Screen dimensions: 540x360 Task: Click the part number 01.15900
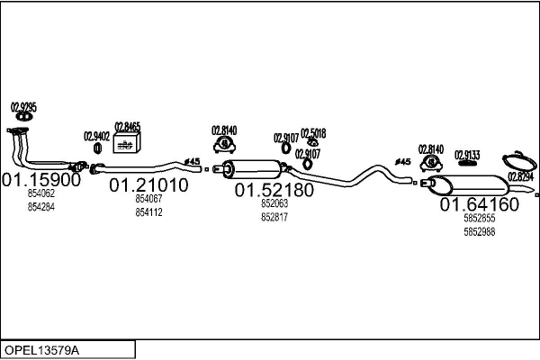pos(41,179)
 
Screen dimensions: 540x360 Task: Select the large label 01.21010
pos(148,185)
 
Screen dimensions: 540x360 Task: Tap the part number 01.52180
pos(274,191)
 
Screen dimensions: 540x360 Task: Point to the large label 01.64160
pos(479,204)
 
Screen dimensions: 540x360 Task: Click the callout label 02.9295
pos(23,107)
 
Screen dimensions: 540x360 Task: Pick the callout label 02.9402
pos(96,137)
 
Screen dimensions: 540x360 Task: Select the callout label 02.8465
pos(127,127)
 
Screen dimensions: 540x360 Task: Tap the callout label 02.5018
pos(313,132)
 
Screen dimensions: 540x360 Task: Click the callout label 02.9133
pos(467,154)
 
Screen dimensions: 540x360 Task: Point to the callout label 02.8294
pos(521,176)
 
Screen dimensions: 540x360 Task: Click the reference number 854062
pos(41,193)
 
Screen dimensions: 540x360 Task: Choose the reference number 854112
pos(148,212)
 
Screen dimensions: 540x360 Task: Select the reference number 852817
pos(274,217)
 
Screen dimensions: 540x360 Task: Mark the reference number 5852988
pos(479,231)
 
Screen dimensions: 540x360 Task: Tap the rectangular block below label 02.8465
pos(127,146)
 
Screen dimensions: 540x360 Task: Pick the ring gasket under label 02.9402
pos(97,148)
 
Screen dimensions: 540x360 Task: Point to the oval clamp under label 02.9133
pos(467,164)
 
